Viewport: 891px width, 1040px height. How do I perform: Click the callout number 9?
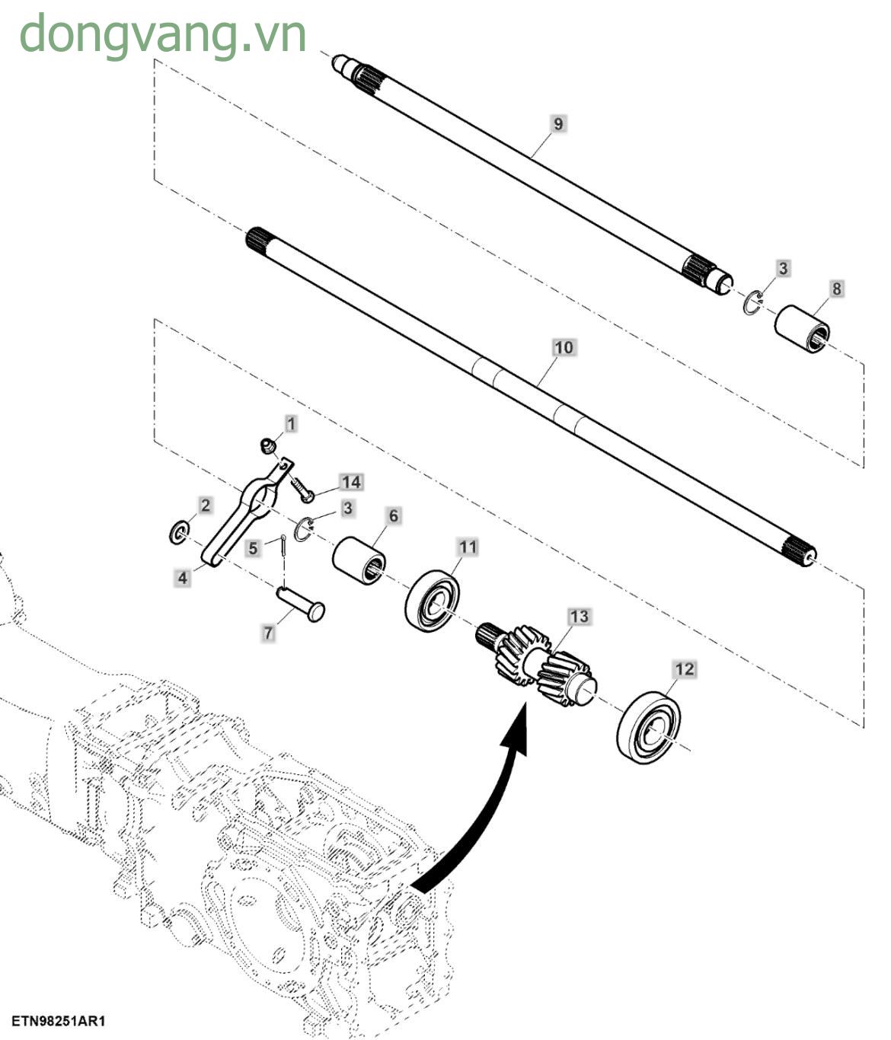coord(558,123)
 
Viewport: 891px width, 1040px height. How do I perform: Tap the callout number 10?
coord(563,348)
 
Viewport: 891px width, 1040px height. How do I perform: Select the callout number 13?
coord(579,616)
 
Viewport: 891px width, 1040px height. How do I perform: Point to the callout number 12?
coord(685,669)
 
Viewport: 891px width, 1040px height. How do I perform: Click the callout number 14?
coord(350,482)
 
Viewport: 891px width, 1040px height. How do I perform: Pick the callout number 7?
coord(267,633)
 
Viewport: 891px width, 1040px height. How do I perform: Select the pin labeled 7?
coord(302,601)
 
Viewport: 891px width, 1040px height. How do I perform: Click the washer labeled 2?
coord(179,533)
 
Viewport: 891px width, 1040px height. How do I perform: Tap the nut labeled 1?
coord(267,445)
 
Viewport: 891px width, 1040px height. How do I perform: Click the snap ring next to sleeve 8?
coord(752,302)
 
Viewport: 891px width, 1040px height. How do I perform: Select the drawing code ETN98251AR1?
coord(58,1021)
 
